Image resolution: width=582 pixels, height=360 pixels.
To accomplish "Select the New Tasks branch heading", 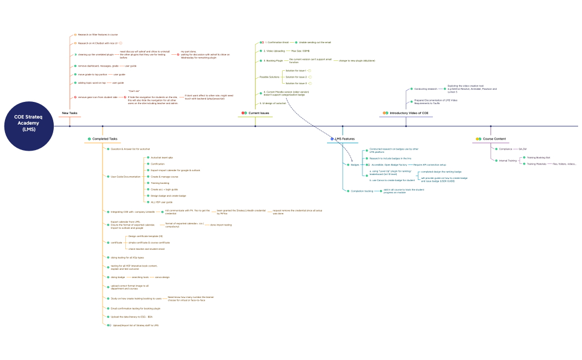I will pos(69,113).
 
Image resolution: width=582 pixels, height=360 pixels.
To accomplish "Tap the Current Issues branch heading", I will pos(258,113).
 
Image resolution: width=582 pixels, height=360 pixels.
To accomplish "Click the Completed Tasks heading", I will pos(105,138).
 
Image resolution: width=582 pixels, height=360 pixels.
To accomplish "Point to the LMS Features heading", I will pos(344,138).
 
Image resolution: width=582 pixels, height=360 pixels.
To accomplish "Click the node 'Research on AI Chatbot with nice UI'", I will pos(98,43).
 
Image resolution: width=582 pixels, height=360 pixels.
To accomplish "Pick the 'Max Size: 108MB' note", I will pos(308,50).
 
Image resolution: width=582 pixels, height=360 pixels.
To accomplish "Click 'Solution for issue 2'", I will pos(295,77).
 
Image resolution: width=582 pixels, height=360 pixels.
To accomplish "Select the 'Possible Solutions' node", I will pos(269,77).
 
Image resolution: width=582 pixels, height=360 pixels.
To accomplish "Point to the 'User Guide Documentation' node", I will pos(125,176).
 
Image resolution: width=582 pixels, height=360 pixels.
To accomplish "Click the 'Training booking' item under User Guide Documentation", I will pos(160,183).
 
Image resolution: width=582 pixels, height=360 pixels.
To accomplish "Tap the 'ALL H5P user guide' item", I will pos(161,202).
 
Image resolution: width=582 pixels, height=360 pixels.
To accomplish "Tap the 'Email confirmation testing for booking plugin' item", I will pos(135,308).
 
